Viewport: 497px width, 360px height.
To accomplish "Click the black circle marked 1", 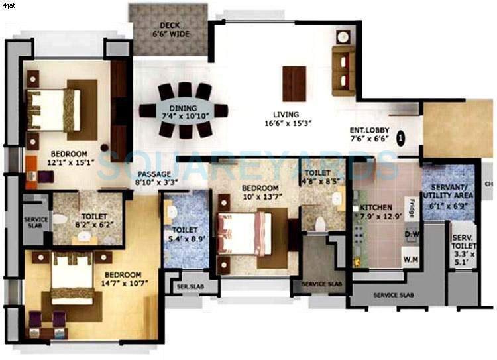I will (400, 138).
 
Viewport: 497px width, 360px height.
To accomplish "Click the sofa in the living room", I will (343, 70).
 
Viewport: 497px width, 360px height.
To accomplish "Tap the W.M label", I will (410, 259).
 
